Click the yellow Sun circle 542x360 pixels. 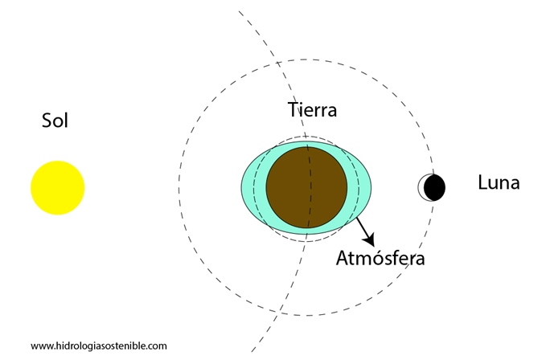[x=58, y=187]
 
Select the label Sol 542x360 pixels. [x=55, y=121]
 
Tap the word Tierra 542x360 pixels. [x=312, y=110]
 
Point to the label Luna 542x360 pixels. [x=499, y=182]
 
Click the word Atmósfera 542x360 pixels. [x=380, y=258]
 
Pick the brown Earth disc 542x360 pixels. [x=306, y=187]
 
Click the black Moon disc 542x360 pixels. [x=434, y=187]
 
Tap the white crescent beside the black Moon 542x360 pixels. [x=421, y=187]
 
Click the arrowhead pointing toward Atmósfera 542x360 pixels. [x=370, y=239]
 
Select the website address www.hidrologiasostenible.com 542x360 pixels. [x=99, y=346]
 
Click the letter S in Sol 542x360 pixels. [x=47, y=121]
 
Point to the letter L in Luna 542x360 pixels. [x=482, y=182]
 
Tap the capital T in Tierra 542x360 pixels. [x=293, y=110]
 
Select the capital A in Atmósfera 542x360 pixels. [x=343, y=258]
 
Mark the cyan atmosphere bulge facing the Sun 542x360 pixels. [x=253, y=187]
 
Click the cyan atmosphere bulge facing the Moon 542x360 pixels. [x=359, y=187]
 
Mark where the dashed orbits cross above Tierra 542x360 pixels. [x=278, y=63]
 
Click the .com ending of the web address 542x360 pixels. [x=158, y=346]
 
